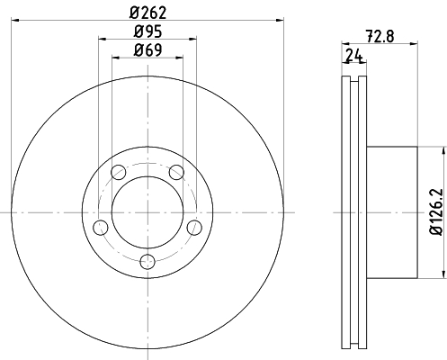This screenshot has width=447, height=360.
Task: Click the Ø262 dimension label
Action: tap(148, 13)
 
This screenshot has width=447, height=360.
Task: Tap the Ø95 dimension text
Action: tap(148, 31)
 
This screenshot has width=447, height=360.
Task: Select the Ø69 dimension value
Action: tap(148, 49)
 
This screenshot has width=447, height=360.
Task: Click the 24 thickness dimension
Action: tap(354, 55)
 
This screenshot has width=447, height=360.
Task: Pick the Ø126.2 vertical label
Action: tap(436, 212)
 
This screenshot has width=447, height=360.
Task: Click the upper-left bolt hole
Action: tap(119, 172)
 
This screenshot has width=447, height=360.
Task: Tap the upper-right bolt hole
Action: tap(176, 172)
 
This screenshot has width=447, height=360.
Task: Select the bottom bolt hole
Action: tap(148, 262)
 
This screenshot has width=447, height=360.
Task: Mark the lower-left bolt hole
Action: tap(101, 228)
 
